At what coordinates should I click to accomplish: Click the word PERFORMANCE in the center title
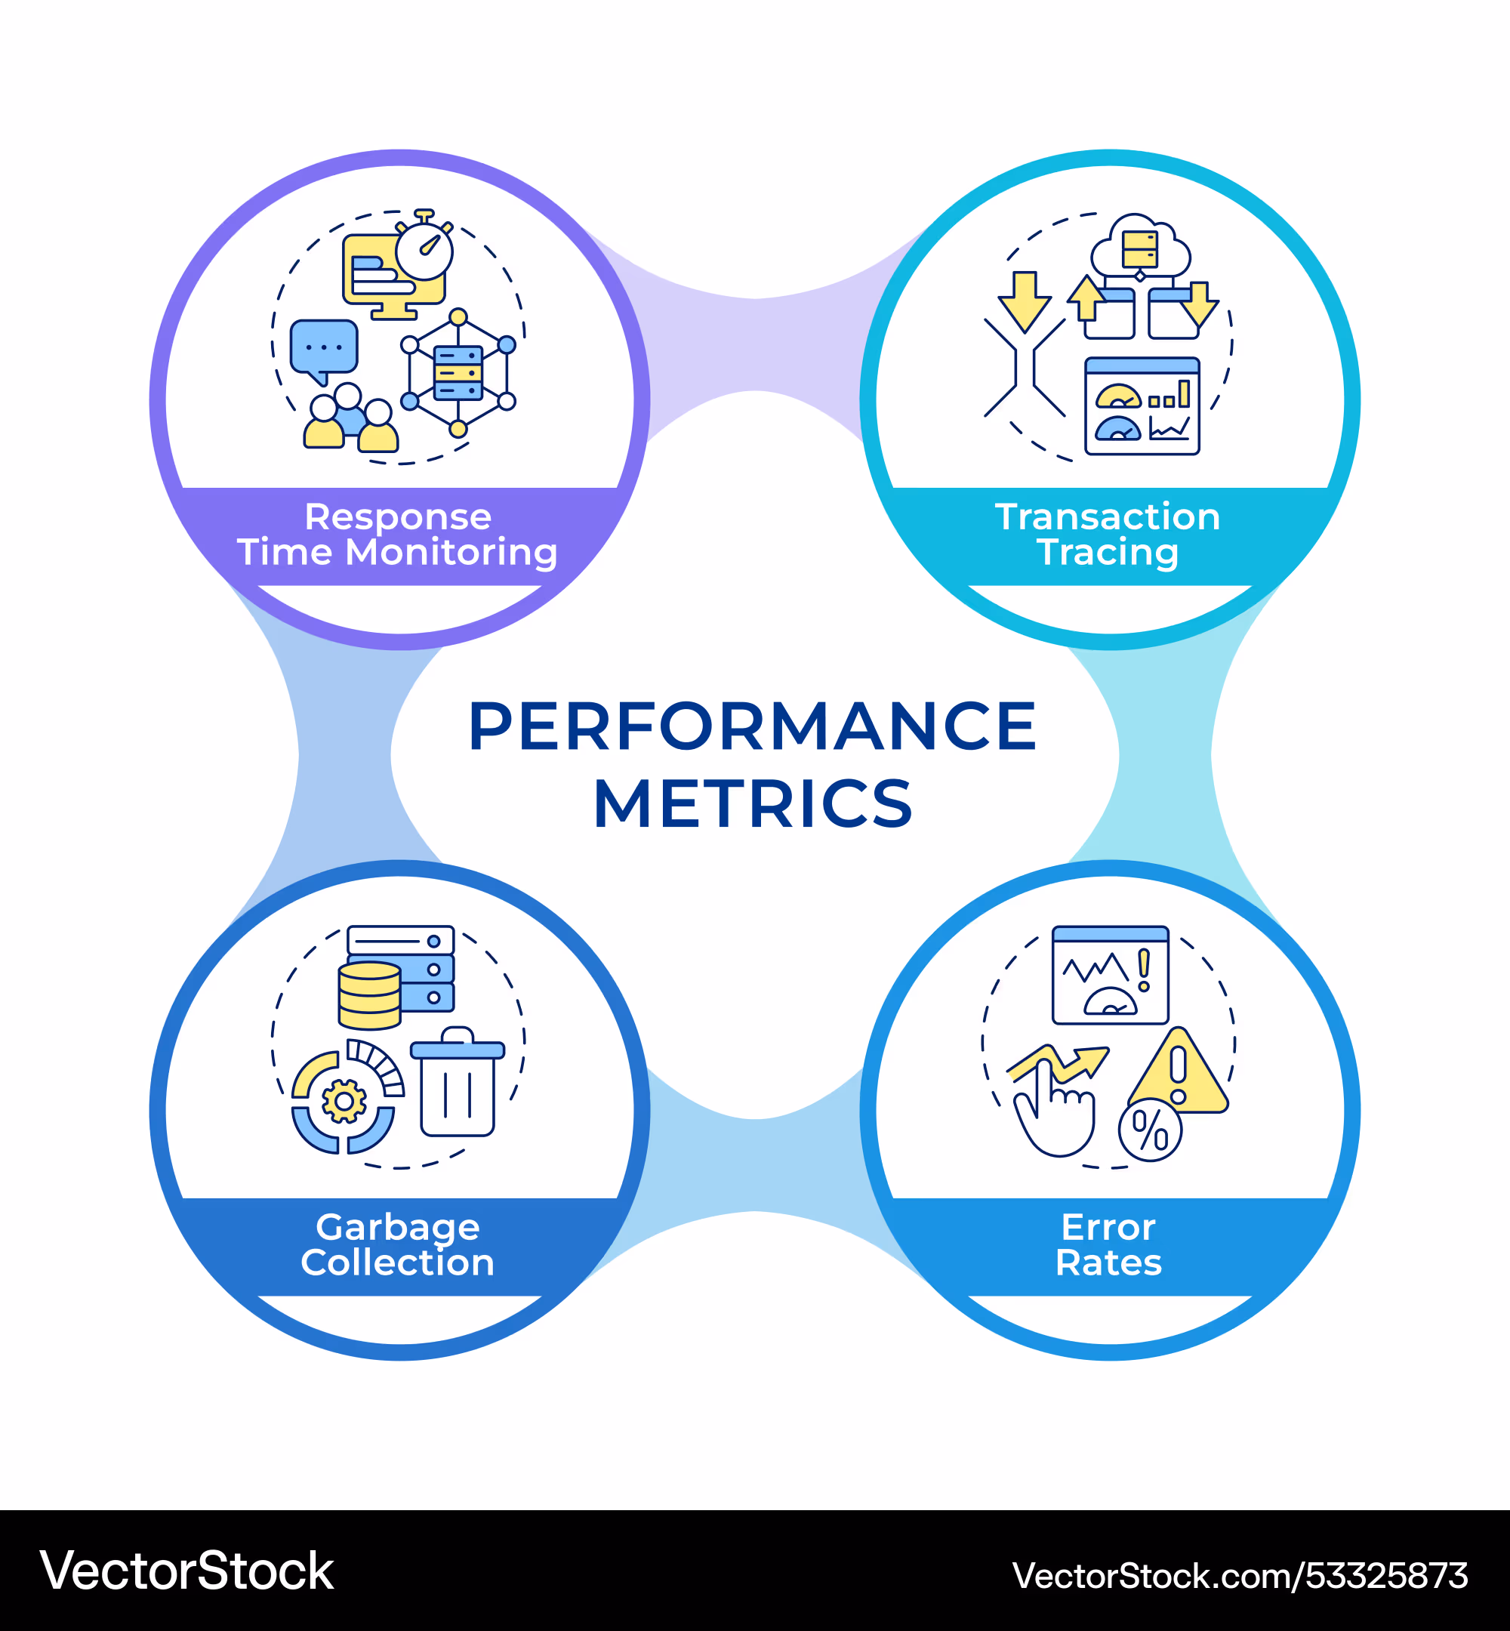coord(752,726)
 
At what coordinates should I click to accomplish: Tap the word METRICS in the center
coord(752,804)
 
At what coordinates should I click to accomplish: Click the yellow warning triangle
coord(1178,1074)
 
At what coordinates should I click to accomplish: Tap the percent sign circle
coord(1150,1131)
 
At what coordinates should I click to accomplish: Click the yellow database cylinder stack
coord(369,995)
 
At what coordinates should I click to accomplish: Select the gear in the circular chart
coord(344,1102)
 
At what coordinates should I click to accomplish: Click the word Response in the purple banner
coord(398,517)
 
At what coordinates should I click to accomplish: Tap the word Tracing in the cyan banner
coord(1108,553)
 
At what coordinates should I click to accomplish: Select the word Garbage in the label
coord(398,1227)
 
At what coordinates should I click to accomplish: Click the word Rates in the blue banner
coord(1108,1263)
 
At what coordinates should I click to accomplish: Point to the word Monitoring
coord(451,553)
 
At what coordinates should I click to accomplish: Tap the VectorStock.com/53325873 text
coord(1240,1575)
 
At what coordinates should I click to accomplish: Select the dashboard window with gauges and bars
coord(1142,406)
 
